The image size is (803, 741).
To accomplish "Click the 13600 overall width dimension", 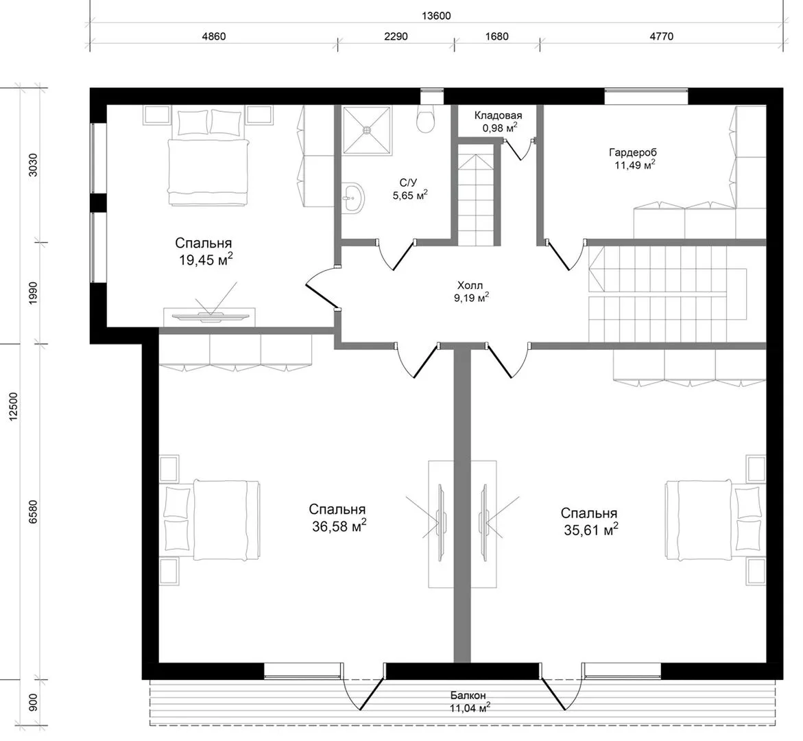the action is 436,16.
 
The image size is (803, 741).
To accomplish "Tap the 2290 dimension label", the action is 396,36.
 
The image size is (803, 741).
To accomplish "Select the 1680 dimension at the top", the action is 496,36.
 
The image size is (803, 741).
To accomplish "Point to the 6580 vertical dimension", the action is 34,511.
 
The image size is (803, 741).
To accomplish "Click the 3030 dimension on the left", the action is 34,165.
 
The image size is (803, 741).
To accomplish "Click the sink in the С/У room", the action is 353,197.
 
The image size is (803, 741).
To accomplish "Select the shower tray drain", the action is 367,130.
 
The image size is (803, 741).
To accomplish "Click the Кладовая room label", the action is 498,115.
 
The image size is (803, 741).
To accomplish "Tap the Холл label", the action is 470,285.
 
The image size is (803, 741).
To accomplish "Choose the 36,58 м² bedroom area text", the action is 339,526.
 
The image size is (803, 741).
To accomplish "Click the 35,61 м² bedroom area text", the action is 591,530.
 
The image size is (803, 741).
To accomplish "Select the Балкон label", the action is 468,696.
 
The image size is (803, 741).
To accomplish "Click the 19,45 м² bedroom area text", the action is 206,260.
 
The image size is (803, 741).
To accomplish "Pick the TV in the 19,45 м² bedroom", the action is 210,316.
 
